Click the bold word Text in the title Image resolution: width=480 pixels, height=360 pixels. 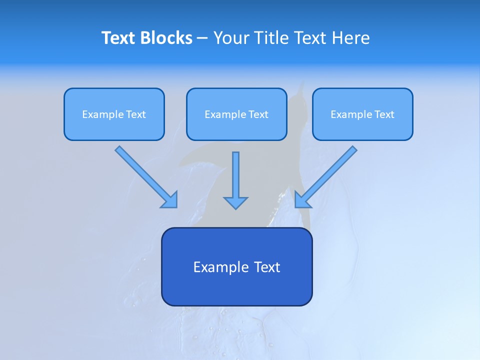pos(118,38)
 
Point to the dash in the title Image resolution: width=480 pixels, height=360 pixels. pos(202,38)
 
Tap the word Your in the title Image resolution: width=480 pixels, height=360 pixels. pos(232,38)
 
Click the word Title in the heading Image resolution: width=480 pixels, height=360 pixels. pos(272,38)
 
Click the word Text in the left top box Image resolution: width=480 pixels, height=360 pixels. pos(136,114)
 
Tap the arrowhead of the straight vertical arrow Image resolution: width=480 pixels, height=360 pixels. pos(235,202)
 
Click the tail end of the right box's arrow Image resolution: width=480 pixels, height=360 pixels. pos(353,149)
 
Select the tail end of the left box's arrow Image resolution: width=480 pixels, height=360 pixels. pos(119,149)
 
